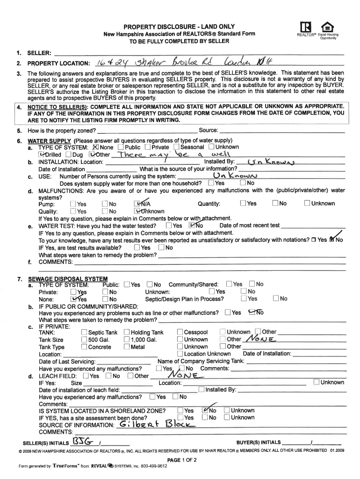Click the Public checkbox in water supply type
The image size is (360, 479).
(121, 147)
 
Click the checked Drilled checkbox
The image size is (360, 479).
(42, 155)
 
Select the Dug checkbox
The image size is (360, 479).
(69, 155)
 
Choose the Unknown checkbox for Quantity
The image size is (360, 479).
(307, 203)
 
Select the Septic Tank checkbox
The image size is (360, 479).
(84, 332)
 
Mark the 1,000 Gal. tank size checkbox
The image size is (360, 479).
(127, 340)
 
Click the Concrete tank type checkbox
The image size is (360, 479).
(84, 347)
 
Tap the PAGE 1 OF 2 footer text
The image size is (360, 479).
(180, 460)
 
